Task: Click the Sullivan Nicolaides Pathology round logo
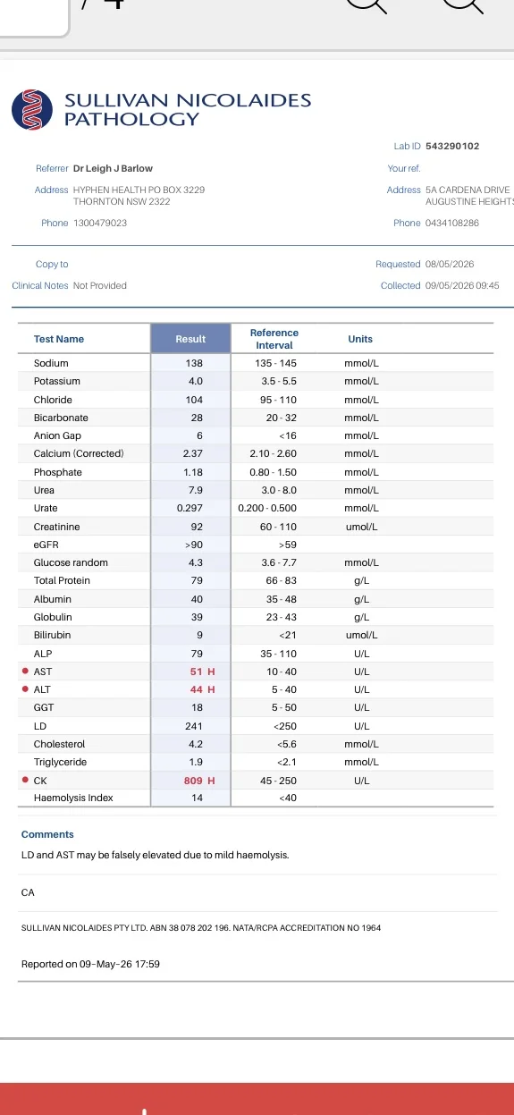tap(32, 109)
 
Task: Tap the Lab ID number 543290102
tap(452, 146)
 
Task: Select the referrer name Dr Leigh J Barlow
tap(113, 168)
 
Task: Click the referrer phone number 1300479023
tap(100, 223)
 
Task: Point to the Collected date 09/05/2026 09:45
tap(462, 286)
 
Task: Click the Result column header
tap(190, 339)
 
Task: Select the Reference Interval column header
tap(274, 339)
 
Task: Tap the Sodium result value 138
tap(194, 363)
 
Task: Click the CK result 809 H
tap(199, 781)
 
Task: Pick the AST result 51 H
tap(203, 672)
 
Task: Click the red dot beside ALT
tap(25, 688)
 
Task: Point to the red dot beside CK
tap(25, 780)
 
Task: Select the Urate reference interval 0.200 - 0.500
tap(267, 508)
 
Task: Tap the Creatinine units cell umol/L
tap(362, 527)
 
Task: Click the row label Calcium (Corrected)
tap(79, 453)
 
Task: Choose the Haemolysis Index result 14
tap(197, 798)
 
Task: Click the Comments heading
tap(47, 834)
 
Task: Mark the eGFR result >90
tap(194, 545)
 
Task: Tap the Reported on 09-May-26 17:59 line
tap(90, 964)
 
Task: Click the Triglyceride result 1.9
tap(196, 762)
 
